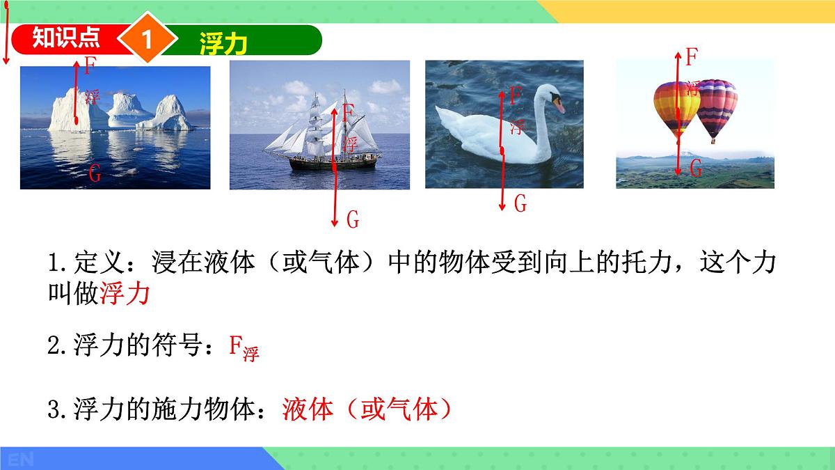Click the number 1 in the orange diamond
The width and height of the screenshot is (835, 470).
point(147,40)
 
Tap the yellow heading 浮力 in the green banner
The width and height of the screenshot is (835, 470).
point(223,42)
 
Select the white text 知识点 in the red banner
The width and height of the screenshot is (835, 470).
point(67,38)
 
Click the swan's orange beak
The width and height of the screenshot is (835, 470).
point(558,106)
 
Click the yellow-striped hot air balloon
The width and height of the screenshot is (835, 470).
point(675,108)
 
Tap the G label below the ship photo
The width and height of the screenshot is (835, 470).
point(353,221)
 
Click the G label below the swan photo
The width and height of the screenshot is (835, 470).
point(520,204)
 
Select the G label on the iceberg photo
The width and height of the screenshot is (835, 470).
point(95,173)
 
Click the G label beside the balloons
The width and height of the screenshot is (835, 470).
point(695,168)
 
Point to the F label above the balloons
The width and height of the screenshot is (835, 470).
point(691,57)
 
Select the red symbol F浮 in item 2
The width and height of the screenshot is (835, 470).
point(244,347)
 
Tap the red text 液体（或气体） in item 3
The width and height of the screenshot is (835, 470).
point(367,409)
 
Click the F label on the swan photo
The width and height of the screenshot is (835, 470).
point(514,95)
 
